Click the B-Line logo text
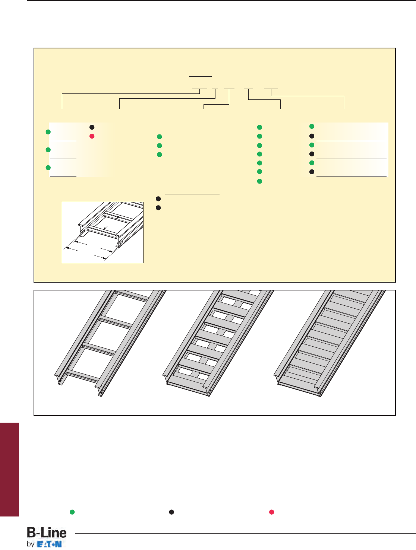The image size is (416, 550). coord(47,532)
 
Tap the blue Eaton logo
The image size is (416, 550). coord(50,544)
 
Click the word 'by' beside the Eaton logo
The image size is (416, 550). coord(31,544)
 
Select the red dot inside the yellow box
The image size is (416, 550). coord(92,136)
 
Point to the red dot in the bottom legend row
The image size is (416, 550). coord(272,512)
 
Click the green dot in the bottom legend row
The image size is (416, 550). coord(72,512)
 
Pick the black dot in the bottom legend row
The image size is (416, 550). coord(171,512)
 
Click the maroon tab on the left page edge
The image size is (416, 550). coord(10,470)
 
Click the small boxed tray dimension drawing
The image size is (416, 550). coord(103,232)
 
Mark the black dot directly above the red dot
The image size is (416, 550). coord(92,127)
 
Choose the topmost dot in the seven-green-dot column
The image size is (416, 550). coord(259,127)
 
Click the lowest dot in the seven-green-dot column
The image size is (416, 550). coord(259,181)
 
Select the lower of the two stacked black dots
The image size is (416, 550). coord(158,208)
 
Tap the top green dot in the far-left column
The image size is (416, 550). coord(48,132)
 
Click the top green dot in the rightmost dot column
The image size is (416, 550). coord(312,126)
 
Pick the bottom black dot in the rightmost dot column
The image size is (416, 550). coord(312,172)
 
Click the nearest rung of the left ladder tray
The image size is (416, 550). coord(82,376)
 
